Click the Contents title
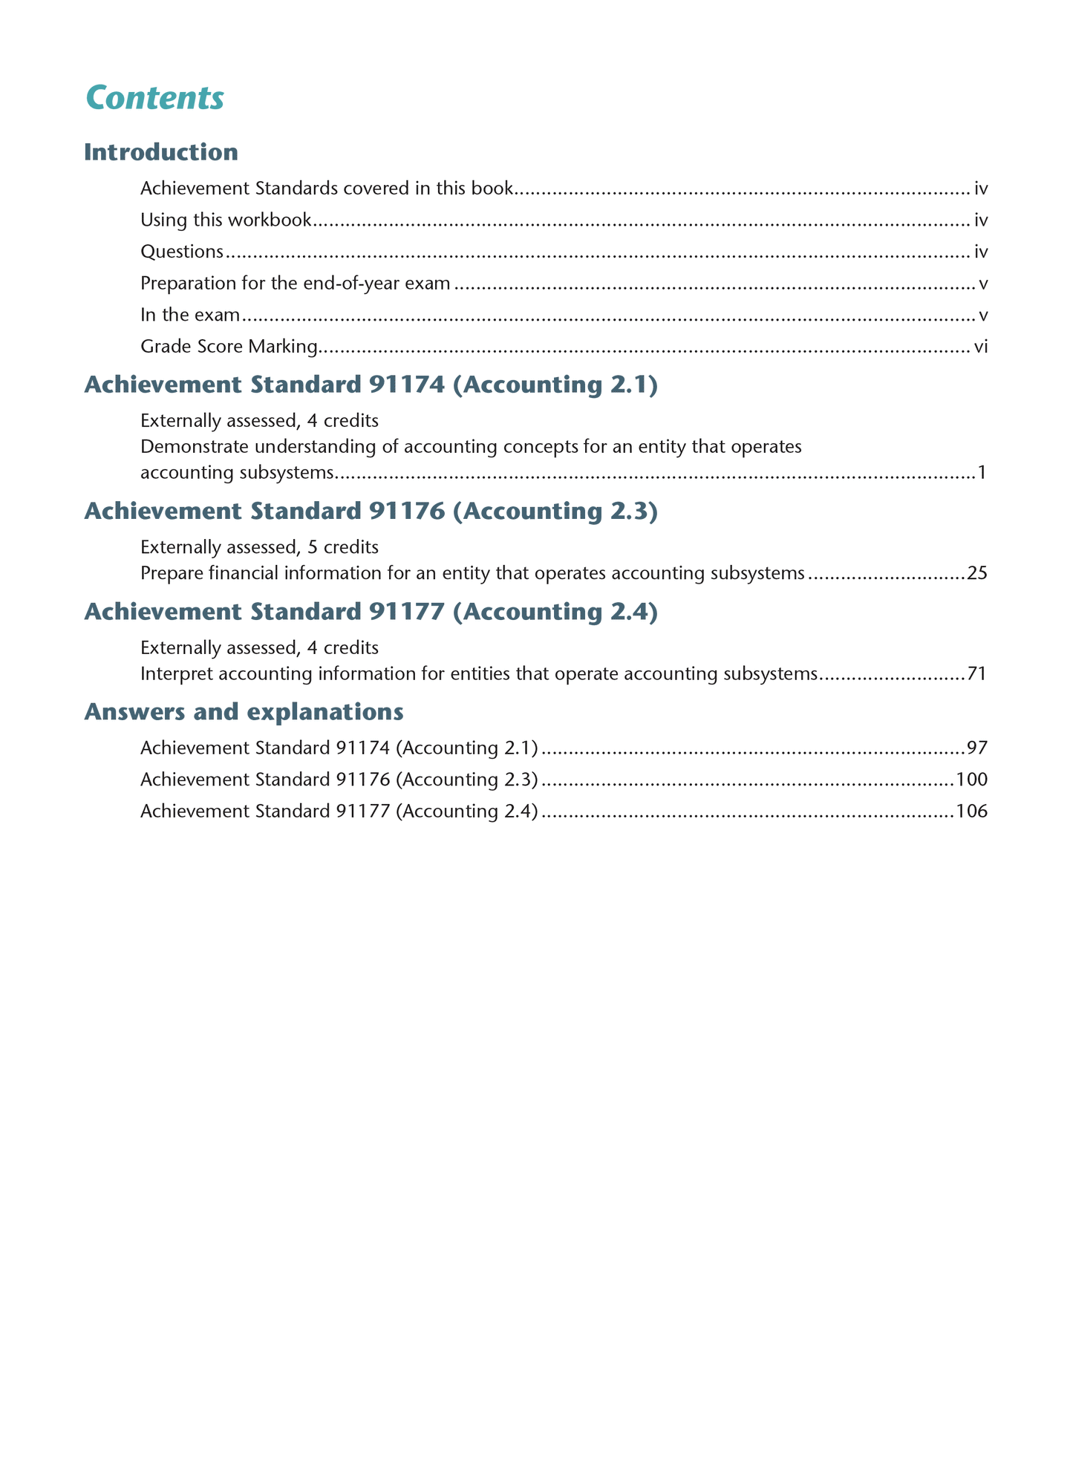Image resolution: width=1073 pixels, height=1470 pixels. [x=154, y=98]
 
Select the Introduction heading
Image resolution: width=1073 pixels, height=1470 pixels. [x=160, y=152]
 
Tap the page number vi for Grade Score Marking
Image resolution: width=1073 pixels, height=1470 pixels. [x=980, y=347]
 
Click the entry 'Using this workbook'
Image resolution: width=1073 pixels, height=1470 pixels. [x=226, y=220]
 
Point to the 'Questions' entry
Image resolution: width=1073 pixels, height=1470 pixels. [x=181, y=252]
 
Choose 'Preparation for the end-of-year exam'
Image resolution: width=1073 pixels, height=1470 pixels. [x=295, y=283]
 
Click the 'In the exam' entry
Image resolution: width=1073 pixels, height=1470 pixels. [x=190, y=315]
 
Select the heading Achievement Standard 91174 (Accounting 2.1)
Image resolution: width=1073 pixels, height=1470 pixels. [x=371, y=385]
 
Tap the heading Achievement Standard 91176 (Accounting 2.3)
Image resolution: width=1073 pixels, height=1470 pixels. [x=371, y=511]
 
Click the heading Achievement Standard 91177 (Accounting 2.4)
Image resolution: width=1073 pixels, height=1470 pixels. [x=371, y=612]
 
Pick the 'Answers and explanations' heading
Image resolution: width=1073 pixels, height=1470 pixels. [x=244, y=711]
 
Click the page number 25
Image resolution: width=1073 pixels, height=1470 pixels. [x=977, y=573]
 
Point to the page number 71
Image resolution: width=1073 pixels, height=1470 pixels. [x=977, y=674]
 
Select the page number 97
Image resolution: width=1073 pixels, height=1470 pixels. [x=977, y=748]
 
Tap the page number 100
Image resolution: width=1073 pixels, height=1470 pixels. [x=972, y=780]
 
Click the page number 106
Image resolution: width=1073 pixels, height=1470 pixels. [x=972, y=811]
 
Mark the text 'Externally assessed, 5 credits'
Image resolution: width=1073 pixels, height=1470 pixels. [x=259, y=547]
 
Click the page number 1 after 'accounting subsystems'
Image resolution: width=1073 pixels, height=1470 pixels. [x=982, y=472]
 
